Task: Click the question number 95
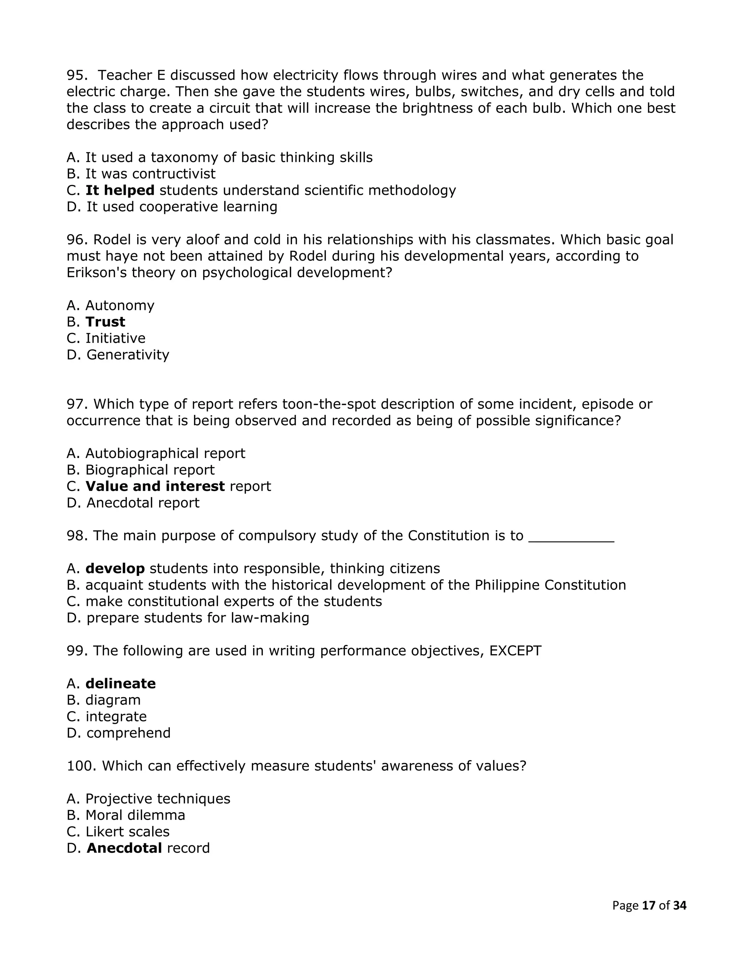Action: pyautogui.click(x=75, y=75)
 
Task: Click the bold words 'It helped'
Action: pyautogui.click(x=119, y=190)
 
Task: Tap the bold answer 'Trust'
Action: pyautogui.click(x=105, y=322)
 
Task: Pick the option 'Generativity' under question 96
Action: pyautogui.click(x=128, y=355)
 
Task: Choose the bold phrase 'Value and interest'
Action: pyautogui.click(x=155, y=486)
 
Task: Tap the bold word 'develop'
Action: pyautogui.click(x=115, y=569)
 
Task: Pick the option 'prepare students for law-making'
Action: pyautogui.click(x=197, y=618)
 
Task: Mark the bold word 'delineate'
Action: pyautogui.click(x=121, y=684)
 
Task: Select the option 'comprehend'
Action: pyautogui.click(x=128, y=733)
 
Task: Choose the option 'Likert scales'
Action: pyautogui.click(x=127, y=832)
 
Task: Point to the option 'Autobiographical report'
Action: pyautogui.click(x=165, y=454)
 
